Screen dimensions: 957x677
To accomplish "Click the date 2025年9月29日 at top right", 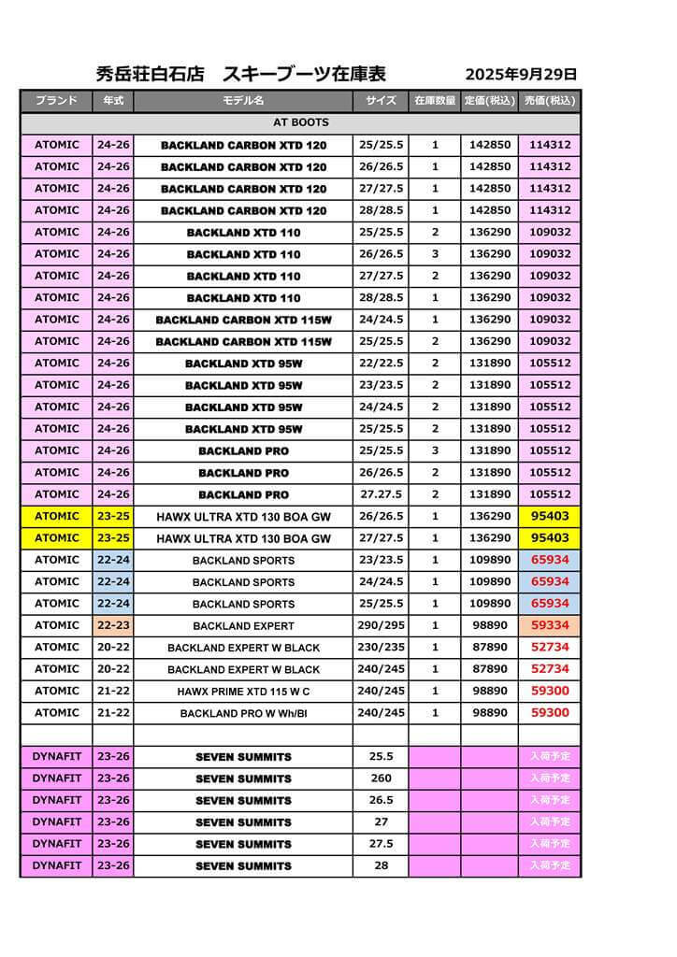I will click(521, 75).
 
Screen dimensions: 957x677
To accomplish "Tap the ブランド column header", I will click(56, 101).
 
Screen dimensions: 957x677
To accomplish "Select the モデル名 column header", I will click(243, 101).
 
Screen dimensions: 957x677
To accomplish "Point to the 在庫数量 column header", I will click(435, 101).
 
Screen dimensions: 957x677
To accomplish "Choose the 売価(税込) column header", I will click(550, 101).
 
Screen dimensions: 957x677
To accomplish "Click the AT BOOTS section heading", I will click(300, 122).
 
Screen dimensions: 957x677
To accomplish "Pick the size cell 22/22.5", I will click(381, 364).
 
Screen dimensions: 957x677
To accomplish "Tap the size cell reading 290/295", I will click(381, 625).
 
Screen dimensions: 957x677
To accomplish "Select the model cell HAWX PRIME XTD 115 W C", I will click(243, 692).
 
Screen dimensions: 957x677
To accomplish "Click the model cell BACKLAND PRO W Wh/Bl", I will click(243, 713).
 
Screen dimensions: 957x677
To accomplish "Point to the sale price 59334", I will click(550, 625).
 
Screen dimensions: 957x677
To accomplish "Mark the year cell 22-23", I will click(113, 625).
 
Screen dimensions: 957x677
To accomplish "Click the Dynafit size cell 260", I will click(381, 778).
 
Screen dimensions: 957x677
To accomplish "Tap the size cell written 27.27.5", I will click(381, 494).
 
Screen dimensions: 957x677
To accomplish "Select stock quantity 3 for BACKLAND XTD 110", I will click(435, 254).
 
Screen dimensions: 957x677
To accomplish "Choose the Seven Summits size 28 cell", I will click(381, 865).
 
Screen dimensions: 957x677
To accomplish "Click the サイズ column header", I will click(381, 101).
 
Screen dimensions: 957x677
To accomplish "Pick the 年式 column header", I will click(113, 101).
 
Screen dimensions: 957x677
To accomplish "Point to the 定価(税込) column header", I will click(489, 101).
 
